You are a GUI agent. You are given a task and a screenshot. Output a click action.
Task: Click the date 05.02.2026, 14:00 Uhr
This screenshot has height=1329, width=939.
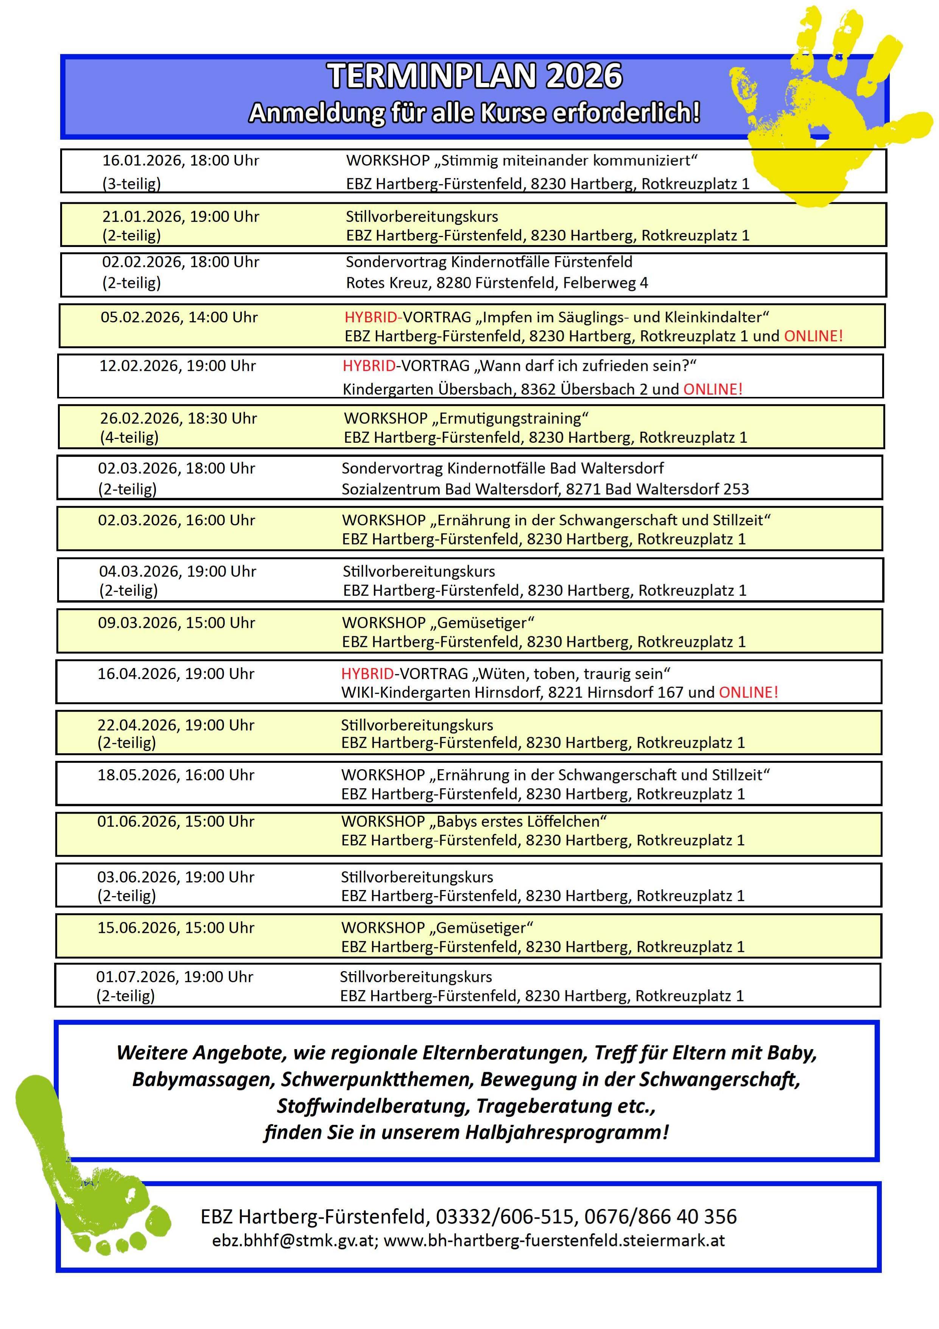point(179,317)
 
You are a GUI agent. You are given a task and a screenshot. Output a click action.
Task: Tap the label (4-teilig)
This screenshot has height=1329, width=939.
point(129,437)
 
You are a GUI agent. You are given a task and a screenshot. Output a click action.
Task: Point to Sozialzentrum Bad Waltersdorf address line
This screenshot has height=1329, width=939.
point(545,489)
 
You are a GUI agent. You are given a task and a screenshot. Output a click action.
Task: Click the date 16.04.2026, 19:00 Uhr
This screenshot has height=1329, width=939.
point(176,674)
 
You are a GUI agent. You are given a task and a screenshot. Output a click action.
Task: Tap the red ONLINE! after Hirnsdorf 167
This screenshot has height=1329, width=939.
point(748,692)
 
